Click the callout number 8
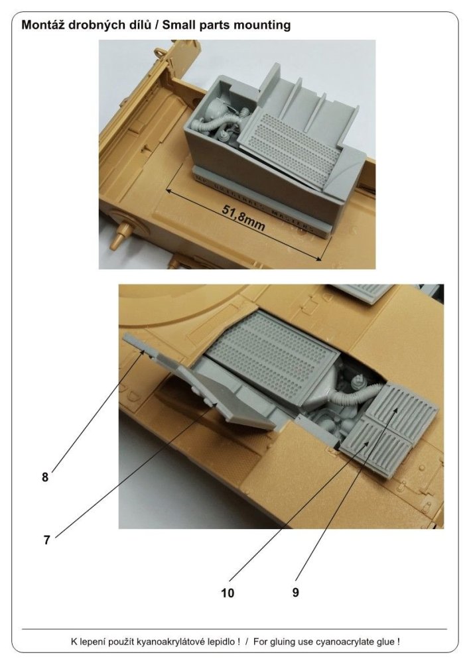click(45, 477)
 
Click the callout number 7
click(47, 540)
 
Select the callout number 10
click(228, 593)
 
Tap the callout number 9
click(296, 592)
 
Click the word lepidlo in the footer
click(224, 642)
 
